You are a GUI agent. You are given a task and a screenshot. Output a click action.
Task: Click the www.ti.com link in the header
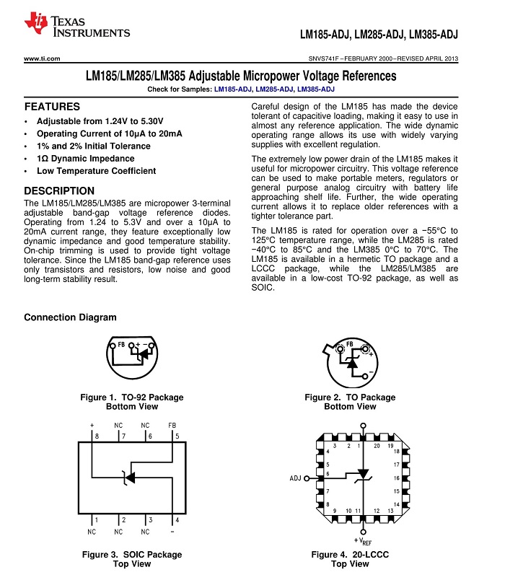[42, 58]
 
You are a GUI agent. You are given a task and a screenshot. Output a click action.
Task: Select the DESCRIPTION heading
[59, 190]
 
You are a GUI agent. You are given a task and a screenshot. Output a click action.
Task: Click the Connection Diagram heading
[70, 317]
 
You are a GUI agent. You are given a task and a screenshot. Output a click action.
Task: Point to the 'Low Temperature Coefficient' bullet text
[96, 171]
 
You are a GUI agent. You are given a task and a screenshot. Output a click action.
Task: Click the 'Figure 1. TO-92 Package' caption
[132, 397]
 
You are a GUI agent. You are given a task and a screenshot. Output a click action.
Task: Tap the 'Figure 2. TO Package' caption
[350, 397]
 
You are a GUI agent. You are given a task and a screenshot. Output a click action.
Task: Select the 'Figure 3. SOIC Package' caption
[132, 555]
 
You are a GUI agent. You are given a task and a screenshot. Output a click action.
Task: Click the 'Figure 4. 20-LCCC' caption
[350, 555]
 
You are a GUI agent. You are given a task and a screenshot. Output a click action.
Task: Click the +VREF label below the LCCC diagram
[363, 541]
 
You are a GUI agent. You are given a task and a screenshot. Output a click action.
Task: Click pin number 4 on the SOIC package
[177, 520]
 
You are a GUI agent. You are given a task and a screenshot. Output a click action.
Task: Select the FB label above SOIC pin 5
[172, 426]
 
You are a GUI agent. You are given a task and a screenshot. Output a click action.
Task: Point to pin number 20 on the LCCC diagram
[376, 447]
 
